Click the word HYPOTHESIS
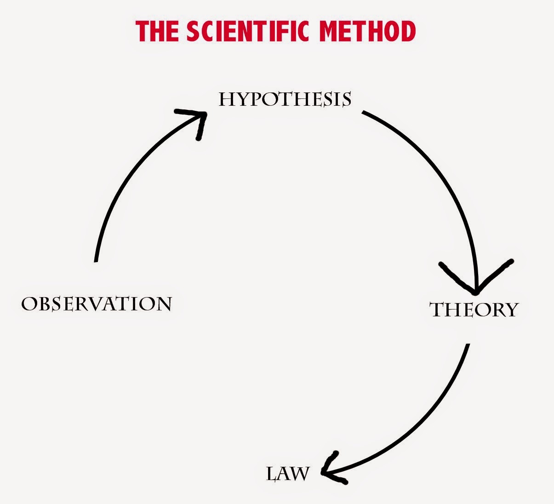285,99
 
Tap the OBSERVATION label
97,304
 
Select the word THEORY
474,310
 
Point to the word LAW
287,474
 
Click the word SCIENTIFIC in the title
247,31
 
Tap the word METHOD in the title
367,31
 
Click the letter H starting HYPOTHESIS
227,99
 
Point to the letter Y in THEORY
511,310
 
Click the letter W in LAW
300,475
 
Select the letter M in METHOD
329,31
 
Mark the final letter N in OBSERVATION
164,304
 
